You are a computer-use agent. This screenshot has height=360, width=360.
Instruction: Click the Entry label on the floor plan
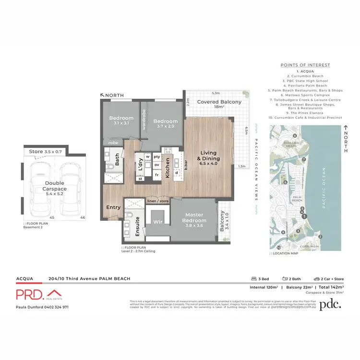[x=113, y=207]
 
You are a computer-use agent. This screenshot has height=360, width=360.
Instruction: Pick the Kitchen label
[x=168, y=168]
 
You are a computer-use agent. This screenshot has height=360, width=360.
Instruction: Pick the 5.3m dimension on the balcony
[x=216, y=94]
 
